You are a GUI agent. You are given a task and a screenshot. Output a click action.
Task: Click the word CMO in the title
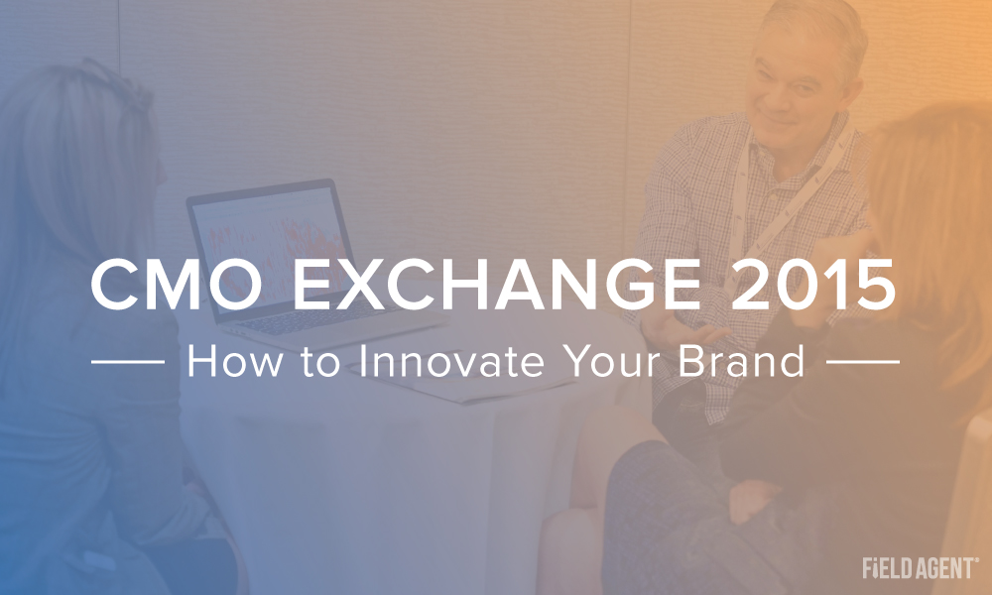tap(177, 286)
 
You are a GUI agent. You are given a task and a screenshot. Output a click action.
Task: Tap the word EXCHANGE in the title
tap(497, 286)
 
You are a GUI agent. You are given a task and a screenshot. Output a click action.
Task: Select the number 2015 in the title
tap(813, 286)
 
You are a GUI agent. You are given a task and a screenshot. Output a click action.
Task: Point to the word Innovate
tap(451, 361)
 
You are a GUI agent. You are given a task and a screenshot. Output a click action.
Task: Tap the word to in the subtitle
tap(320, 362)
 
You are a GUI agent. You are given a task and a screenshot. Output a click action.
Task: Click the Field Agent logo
tap(921, 568)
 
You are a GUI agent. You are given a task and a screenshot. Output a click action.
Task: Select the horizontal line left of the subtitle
tap(128, 362)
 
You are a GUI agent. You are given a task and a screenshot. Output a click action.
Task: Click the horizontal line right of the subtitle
tap(863, 362)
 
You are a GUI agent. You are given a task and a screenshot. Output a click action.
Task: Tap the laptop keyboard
tap(316, 320)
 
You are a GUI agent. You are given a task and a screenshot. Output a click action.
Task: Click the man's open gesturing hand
tap(681, 329)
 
